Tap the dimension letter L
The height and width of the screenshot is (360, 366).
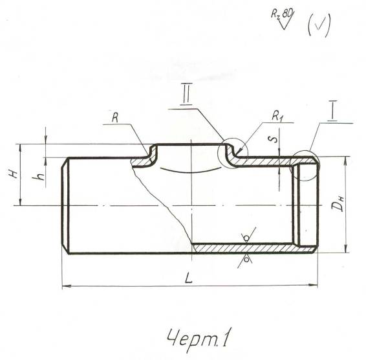pyautogui.click(x=189, y=278)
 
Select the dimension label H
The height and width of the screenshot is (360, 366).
pyautogui.click(x=14, y=174)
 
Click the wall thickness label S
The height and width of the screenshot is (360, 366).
pyautogui.click(x=275, y=139)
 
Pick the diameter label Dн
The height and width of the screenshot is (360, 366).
pyautogui.click(x=338, y=204)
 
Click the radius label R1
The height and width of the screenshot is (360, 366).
pyautogui.click(x=277, y=116)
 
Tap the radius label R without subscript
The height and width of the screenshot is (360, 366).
pyautogui.click(x=115, y=118)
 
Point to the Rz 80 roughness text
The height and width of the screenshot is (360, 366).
pyautogui.click(x=282, y=15)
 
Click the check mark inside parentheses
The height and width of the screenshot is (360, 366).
pyautogui.click(x=319, y=25)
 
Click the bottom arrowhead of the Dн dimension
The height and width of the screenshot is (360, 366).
pyautogui.click(x=346, y=248)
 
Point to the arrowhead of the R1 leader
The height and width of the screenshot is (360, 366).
pyautogui.click(x=239, y=152)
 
